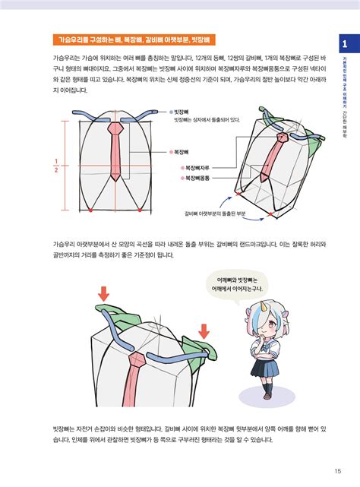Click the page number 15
pos(337,468)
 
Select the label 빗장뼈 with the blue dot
pos(181,110)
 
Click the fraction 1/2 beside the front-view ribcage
pos(55,165)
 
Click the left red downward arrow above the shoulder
pos(103,293)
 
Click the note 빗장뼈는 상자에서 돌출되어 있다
pos(207,119)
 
